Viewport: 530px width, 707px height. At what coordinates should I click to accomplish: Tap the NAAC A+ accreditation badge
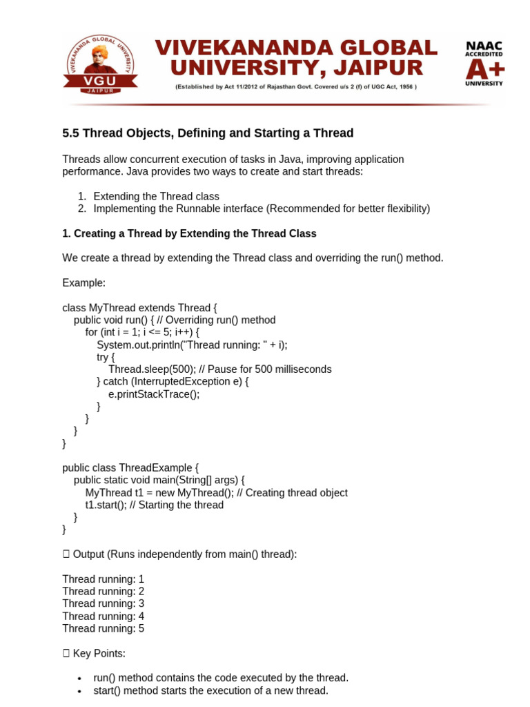pyautogui.click(x=484, y=64)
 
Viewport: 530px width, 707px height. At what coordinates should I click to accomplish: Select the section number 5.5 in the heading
pyautogui.click(x=71, y=133)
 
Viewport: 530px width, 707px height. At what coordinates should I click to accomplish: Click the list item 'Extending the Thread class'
pyautogui.click(x=156, y=196)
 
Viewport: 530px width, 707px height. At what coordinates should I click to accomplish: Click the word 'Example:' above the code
pyautogui.click(x=83, y=283)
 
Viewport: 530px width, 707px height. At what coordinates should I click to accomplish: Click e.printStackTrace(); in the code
pyautogui.click(x=153, y=394)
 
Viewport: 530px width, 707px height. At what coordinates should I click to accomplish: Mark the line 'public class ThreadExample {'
pyautogui.click(x=130, y=467)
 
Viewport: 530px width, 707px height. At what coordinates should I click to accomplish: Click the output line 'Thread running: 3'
pyautogui.click(x=103, y=603)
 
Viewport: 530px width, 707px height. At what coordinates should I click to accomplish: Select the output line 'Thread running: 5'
pyautogui.click(x=103, y=628)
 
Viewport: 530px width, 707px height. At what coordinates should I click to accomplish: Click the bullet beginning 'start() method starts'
pyautogui.click(x=210, y=690)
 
